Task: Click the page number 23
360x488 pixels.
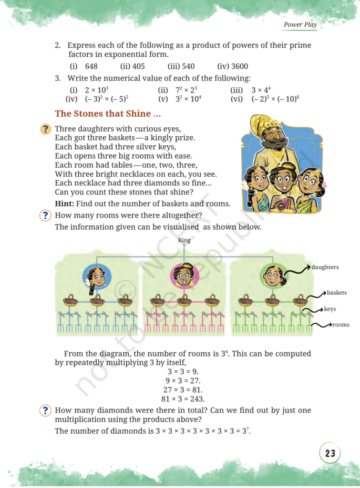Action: pyautogui.click(x=330, y=453)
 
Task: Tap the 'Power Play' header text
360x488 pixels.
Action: pyautogui.click(x=300, y=24)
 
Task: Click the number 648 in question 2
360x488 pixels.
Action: pyautogui.click(x=92, y=66)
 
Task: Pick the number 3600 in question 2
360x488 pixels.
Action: pyautogui.click(x=239, y=66)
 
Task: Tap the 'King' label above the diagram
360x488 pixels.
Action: pyautogui.click(x=184, y=240)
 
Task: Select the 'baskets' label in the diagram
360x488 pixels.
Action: pyautogui.click(x=337, y=292)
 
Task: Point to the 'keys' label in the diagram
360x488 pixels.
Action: pyautogui.click(x=330, y=309)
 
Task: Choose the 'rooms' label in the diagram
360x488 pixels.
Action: pyautogui.click(x=340, y=325)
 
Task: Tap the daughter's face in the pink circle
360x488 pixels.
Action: pyautogui.click(x=184, y=276)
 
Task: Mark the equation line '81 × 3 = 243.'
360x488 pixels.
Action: pyautogui.click(x=184, y=399)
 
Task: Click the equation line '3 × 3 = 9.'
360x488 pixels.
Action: pyautogui.click(x=184, y=371)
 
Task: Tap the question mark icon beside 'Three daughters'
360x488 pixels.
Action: pyautogui.click(x=46, y=129)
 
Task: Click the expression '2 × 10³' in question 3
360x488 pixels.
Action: pyautogui.click(x=97, y=90)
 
